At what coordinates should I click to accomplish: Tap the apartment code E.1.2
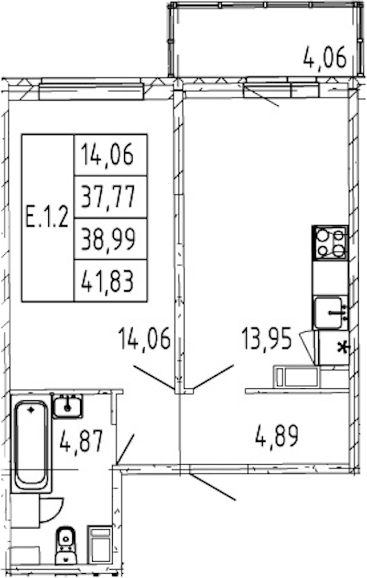tap(48, 217)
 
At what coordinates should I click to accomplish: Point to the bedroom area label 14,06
tap(144, 339)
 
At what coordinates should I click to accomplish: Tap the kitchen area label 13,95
tap(267, 339)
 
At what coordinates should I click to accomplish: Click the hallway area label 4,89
tap(277, 436)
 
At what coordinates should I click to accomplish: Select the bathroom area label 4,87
tap(81, 441)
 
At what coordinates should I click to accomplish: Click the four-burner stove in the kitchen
tap(330, 243)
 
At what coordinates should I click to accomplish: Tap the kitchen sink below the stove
tap(330, 313)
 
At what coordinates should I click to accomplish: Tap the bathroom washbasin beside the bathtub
tap(67, 406)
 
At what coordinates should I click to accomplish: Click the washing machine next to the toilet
tap(100, 544)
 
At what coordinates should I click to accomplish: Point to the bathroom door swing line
tap(125, 449)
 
